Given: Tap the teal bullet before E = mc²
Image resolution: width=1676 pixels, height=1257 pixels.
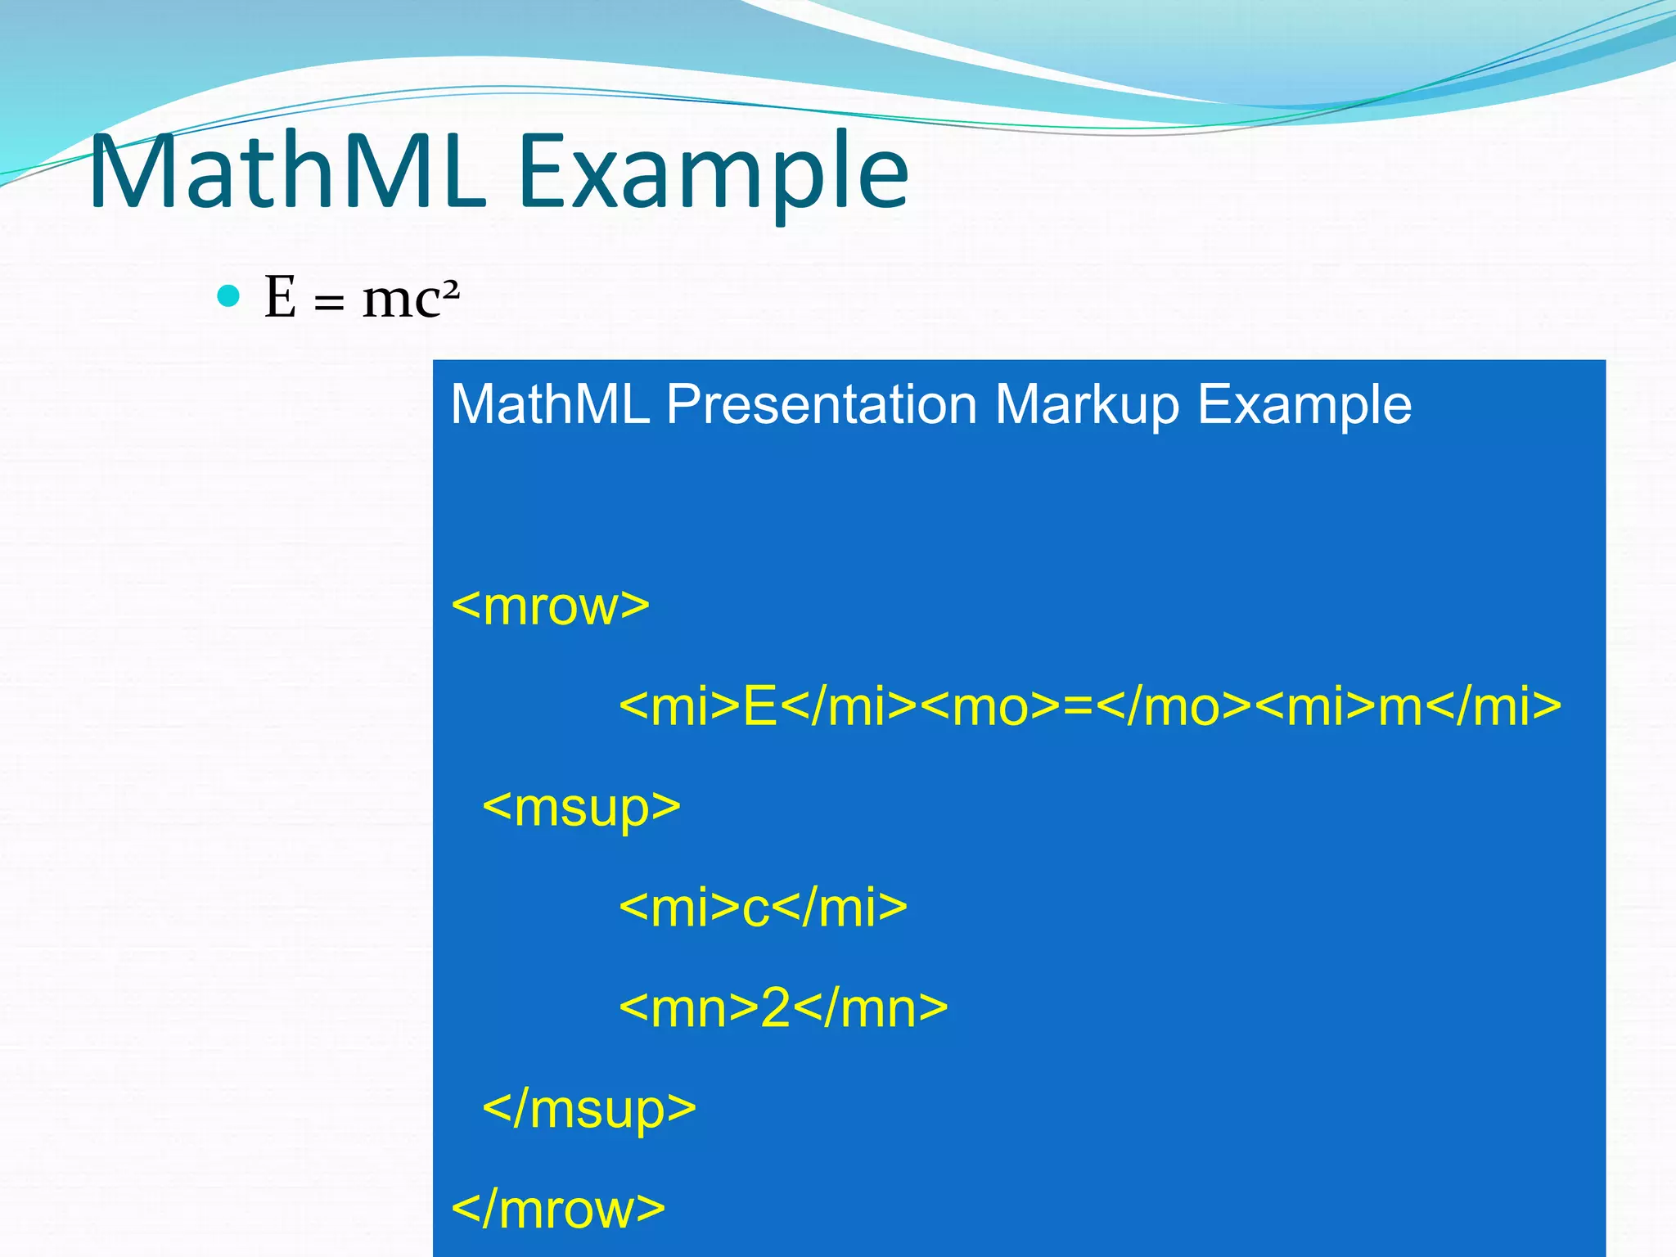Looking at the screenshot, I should (229, 295).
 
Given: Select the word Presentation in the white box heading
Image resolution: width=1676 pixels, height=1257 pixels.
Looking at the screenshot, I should (821, 405).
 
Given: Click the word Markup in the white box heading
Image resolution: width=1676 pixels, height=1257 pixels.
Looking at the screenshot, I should (1087, 405).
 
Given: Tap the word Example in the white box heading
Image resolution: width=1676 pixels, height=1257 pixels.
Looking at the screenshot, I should (1304, 405).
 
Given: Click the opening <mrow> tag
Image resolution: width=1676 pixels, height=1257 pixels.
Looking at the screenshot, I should (550, 606).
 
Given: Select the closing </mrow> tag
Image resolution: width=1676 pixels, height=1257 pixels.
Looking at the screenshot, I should (558, 1209).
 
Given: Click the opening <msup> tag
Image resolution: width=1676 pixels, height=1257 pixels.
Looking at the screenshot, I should (581, 807).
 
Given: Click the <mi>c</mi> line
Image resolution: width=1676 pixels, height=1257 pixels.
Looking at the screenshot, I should (763, 908).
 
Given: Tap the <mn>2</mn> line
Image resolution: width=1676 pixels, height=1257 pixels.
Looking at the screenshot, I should (783, 1008).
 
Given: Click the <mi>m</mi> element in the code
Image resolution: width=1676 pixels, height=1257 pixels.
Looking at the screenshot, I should (1408, 706).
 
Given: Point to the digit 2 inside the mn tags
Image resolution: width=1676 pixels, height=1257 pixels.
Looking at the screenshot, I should (775, 1008).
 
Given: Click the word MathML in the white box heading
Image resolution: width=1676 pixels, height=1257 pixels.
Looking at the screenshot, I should (550, 405).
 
